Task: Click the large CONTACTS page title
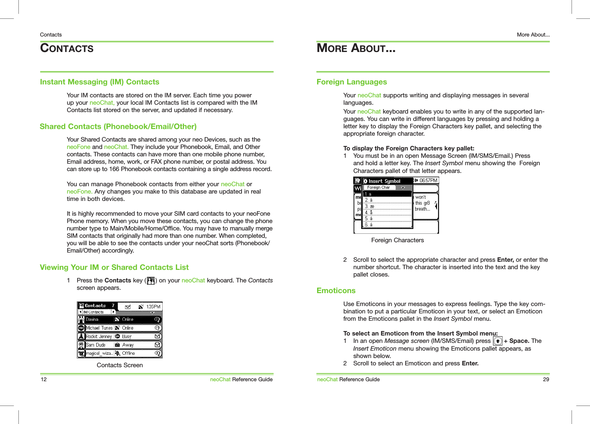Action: tap(67, 48)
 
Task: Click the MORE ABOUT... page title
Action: tap(356, 48)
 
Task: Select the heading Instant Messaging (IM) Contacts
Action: tap(100, 82)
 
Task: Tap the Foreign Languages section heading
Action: tap(351, 82)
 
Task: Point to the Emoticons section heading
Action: tap(336, 291)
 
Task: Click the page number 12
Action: tap(44, 379)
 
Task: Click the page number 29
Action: tap(546, 379)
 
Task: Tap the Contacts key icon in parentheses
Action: tap(150, 281)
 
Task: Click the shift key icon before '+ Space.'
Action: tap(497, 341)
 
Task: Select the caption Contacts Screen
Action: tap(119, 365)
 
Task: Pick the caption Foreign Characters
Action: tap(397, 240)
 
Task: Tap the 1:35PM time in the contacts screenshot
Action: tap(153, 306)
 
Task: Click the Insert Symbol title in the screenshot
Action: tap(384, 181)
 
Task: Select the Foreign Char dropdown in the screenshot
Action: tap(385, 187)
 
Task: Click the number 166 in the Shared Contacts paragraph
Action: tap(114, 169)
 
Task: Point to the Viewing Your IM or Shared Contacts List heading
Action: tap(114, 267)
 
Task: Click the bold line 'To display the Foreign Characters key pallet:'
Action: tap(409, 148)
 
